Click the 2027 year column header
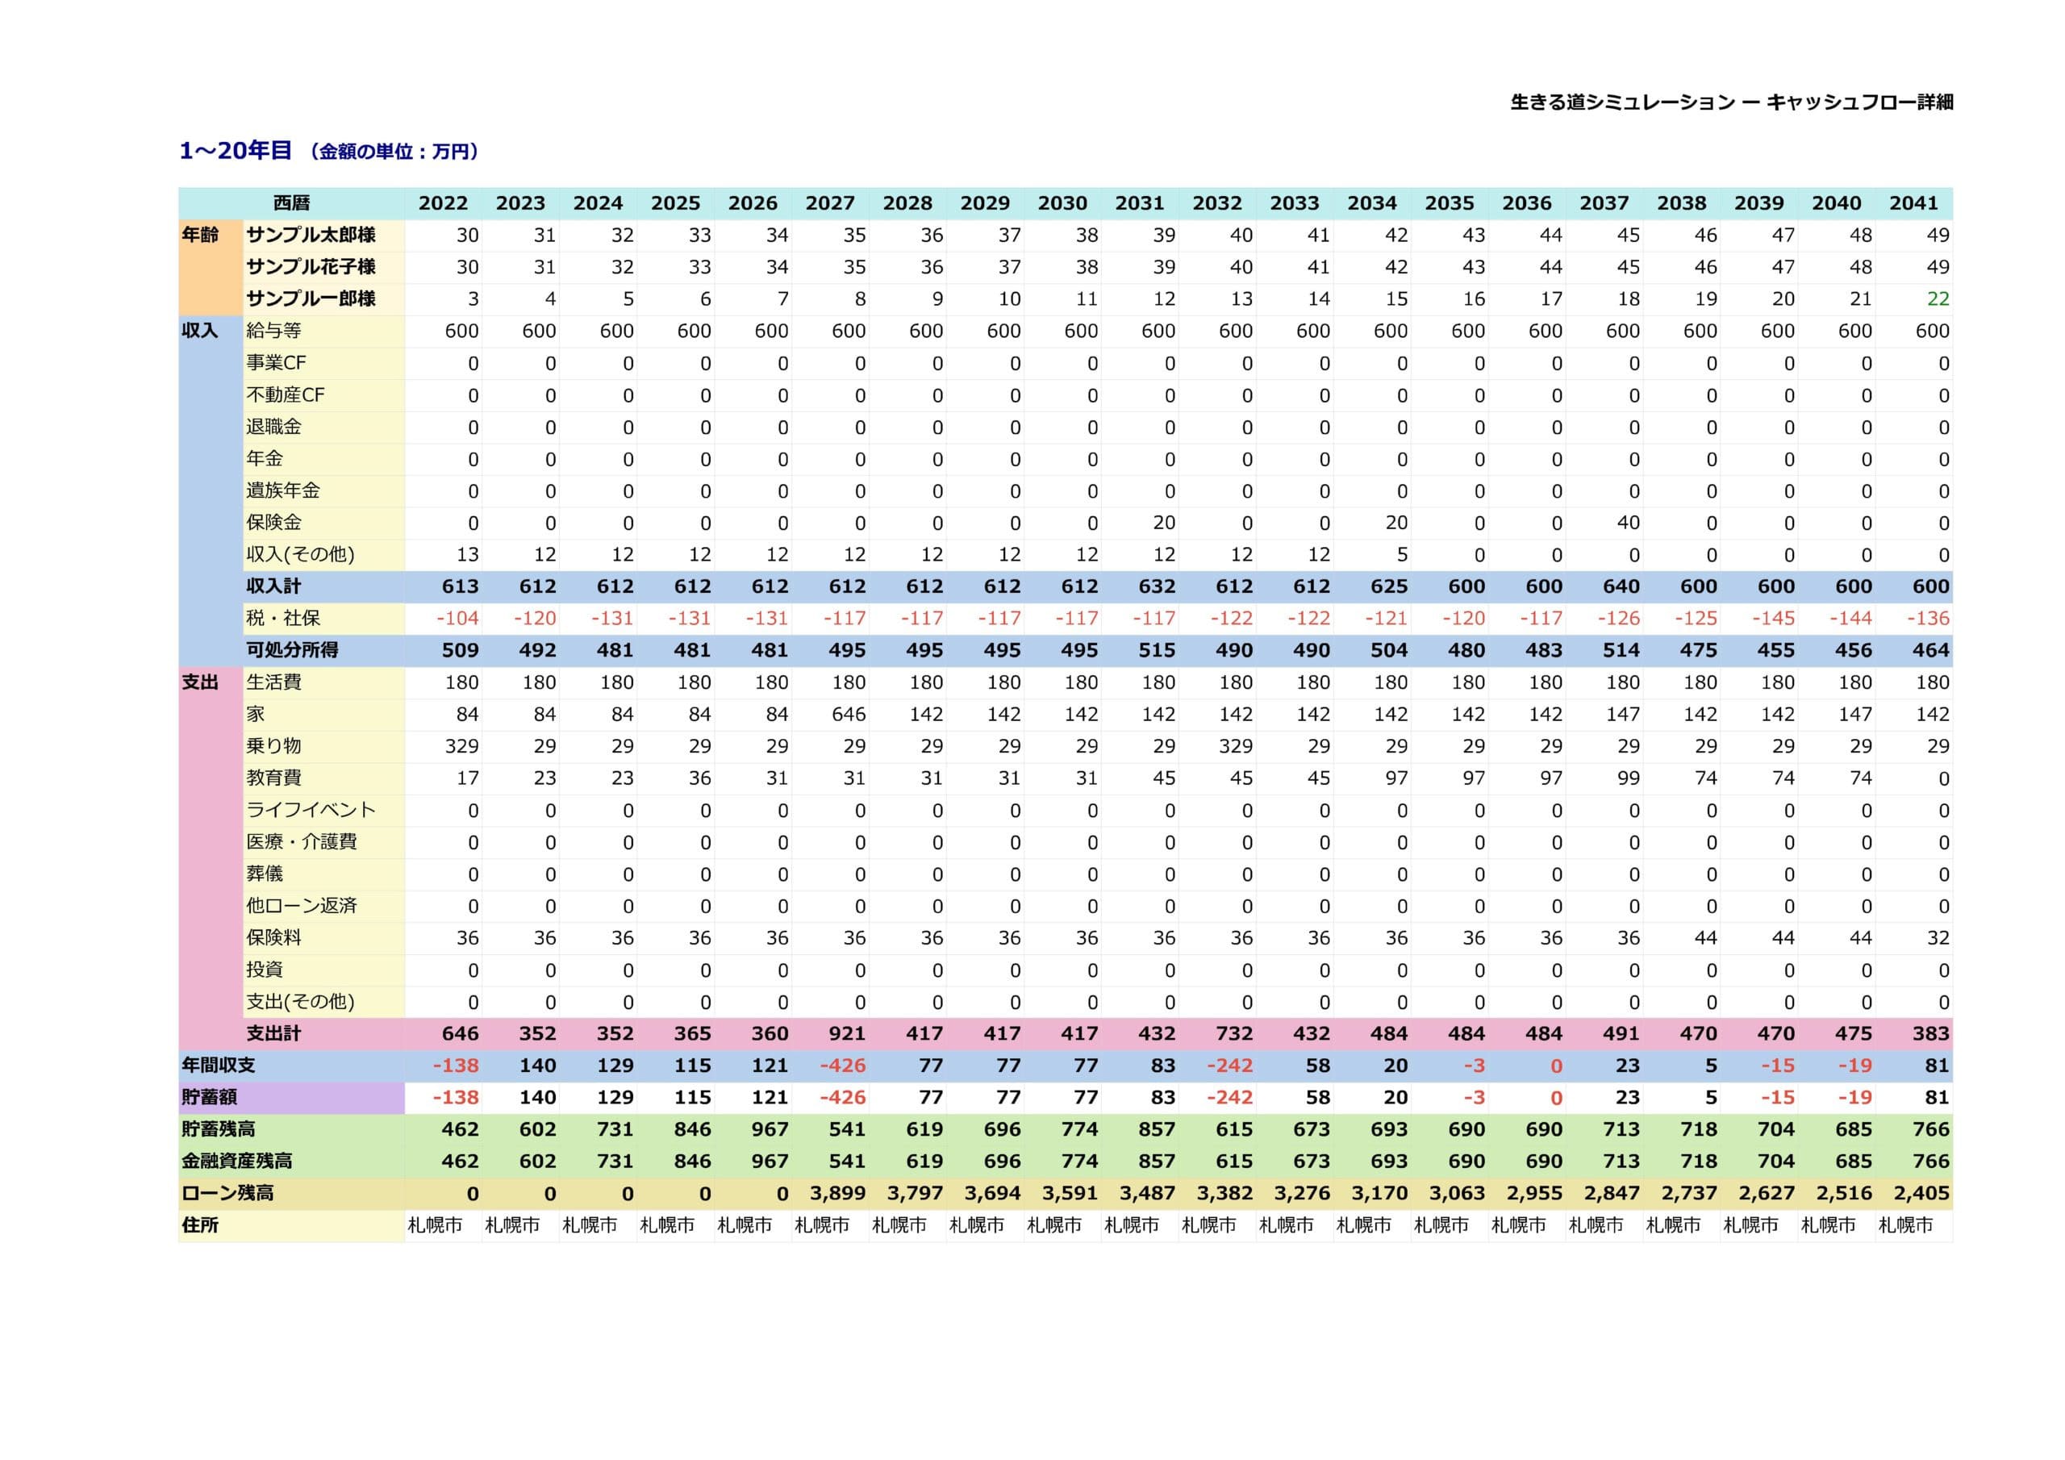tap(829, 203)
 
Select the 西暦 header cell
tap(291, 203)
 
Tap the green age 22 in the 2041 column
tap(1938, 298)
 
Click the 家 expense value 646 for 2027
tap(848, 714)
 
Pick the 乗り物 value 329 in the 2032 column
tap(1235, 746)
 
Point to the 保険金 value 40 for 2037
tap(1628, 523)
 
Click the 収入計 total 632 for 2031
tap(1157, 586)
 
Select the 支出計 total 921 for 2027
tap(846, 1033)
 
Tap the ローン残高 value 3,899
tap(837, 1193)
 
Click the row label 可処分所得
tap(292, 649)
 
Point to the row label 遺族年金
tap(283, 490)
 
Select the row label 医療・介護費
tap(302, 841)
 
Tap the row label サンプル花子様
tap(311, 266)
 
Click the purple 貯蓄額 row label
tap(210, 1098)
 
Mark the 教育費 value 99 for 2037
tap(1628, 778)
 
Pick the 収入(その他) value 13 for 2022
tap(468, 554)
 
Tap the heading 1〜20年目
tap(236, 150)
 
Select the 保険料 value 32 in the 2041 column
tap(1938, 937)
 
